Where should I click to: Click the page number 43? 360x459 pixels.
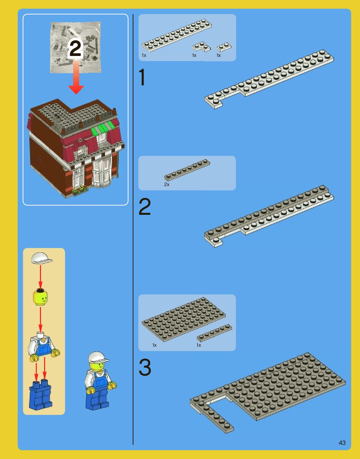pos(342,443)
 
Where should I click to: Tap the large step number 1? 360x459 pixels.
pos(142,77)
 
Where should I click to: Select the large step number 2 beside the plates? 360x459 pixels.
pos(145,207)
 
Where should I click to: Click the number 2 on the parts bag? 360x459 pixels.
pos(75,48)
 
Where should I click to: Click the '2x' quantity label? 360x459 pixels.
pos(167,184)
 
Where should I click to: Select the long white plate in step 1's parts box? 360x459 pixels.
pos(177,34)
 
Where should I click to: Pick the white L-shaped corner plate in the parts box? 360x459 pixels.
pos(201,47)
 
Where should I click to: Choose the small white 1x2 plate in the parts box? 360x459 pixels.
pos(224,47)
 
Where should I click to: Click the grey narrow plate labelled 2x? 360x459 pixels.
pos(187,170)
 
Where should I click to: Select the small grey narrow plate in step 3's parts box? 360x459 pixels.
pos(215,333)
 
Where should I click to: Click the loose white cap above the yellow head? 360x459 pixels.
pos(41,258)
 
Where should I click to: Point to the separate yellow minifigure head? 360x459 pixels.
pos(40,297)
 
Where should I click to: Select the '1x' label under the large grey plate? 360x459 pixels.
pos(155,345)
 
